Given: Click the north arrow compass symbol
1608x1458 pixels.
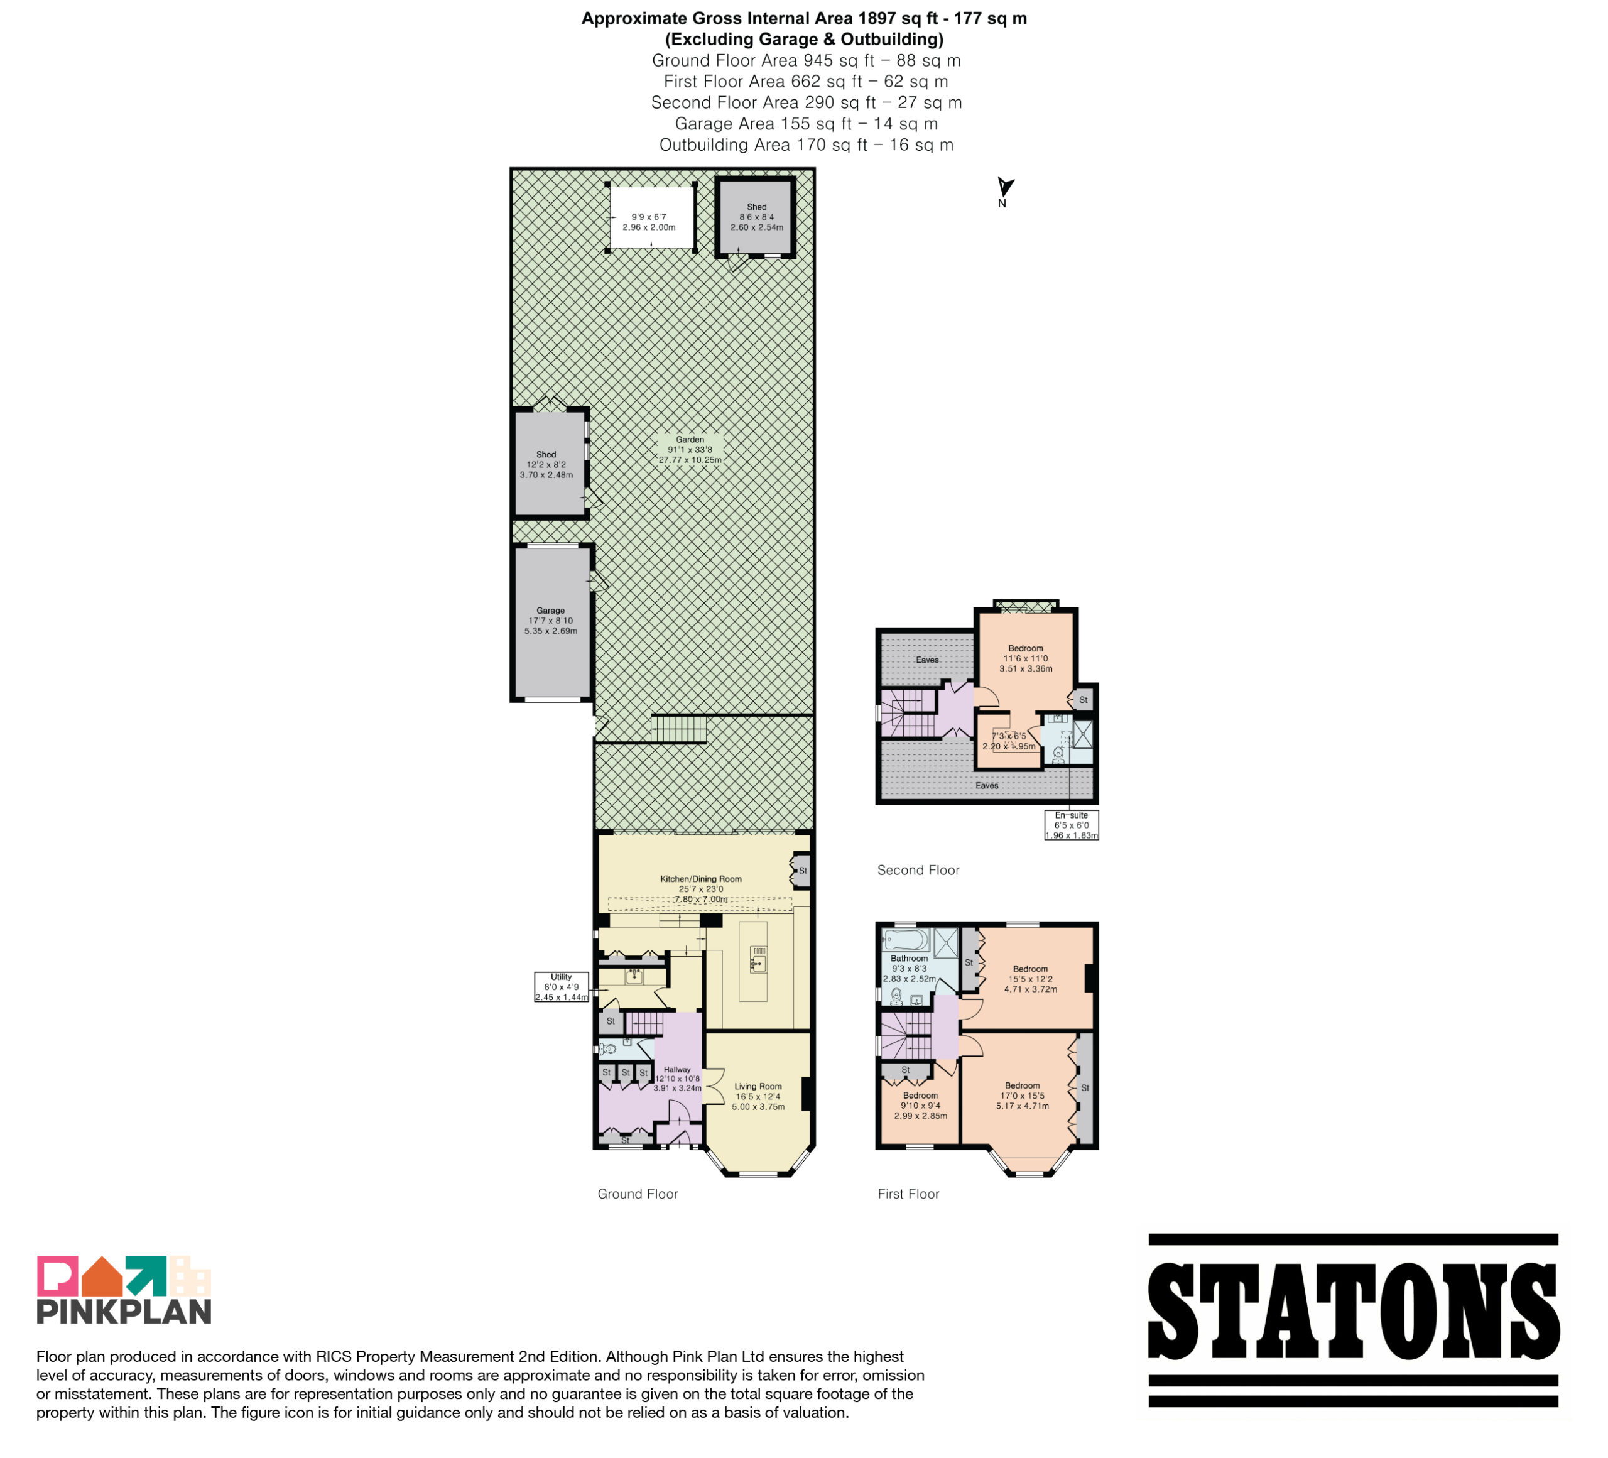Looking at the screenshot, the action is pyautogui.click(x=1005, y=188).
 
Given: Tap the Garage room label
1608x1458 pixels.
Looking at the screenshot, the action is pyautogui.click(x=550, y=621).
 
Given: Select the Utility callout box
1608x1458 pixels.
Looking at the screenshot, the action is pyautogui.click(x=562, y=987).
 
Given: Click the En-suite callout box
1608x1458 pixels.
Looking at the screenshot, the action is pyautogui.click(x=1071, y=825).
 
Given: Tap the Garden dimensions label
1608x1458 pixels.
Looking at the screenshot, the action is pyautogui.click(x=690, y=450).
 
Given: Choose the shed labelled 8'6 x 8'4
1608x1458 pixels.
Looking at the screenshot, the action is pyautogui.click(x=756, y=217).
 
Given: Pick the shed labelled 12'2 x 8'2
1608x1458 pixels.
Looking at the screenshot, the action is pyautogui.click(x=550, y=464).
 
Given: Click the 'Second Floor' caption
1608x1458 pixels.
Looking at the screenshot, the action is pyautogui.click(x=918, y=870).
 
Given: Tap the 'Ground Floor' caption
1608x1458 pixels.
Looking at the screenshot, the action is pyautogui.click(x=638, y=1194).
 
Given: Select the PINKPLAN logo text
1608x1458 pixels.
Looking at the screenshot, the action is pyautogui.click(x=124, y=1311).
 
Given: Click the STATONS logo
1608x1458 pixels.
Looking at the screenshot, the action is pyautogui.click(x=1353, y=1319).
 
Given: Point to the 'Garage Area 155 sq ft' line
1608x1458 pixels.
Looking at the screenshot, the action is pyautogui.click(x=806, y=124).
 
